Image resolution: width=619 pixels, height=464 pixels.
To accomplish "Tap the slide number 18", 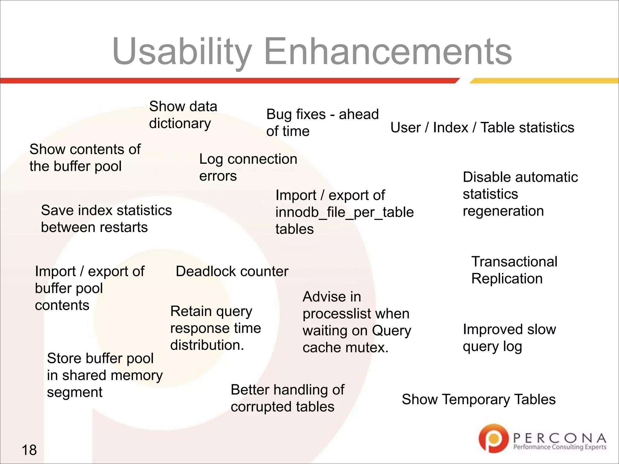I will (29, 450).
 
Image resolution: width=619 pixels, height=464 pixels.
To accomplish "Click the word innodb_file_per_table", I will (344, 212).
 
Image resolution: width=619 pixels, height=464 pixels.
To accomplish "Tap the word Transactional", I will (514, 262).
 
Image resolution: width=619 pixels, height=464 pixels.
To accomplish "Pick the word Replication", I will (507, 279).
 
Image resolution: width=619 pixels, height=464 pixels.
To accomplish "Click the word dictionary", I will (180, 123).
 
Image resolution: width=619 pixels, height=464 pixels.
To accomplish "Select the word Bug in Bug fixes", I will (279, 114).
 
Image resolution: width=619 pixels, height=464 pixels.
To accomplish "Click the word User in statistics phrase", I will (405, 127).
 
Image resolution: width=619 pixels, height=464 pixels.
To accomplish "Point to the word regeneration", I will (503, 211).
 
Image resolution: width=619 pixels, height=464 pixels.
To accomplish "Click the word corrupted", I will (260, 407).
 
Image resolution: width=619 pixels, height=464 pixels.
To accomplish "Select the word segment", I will (74, 392).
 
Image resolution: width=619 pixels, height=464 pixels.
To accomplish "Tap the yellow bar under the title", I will (544, 81).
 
